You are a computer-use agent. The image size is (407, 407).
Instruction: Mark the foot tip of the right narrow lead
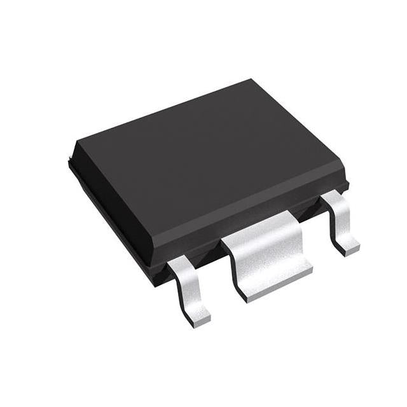(349, 247)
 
